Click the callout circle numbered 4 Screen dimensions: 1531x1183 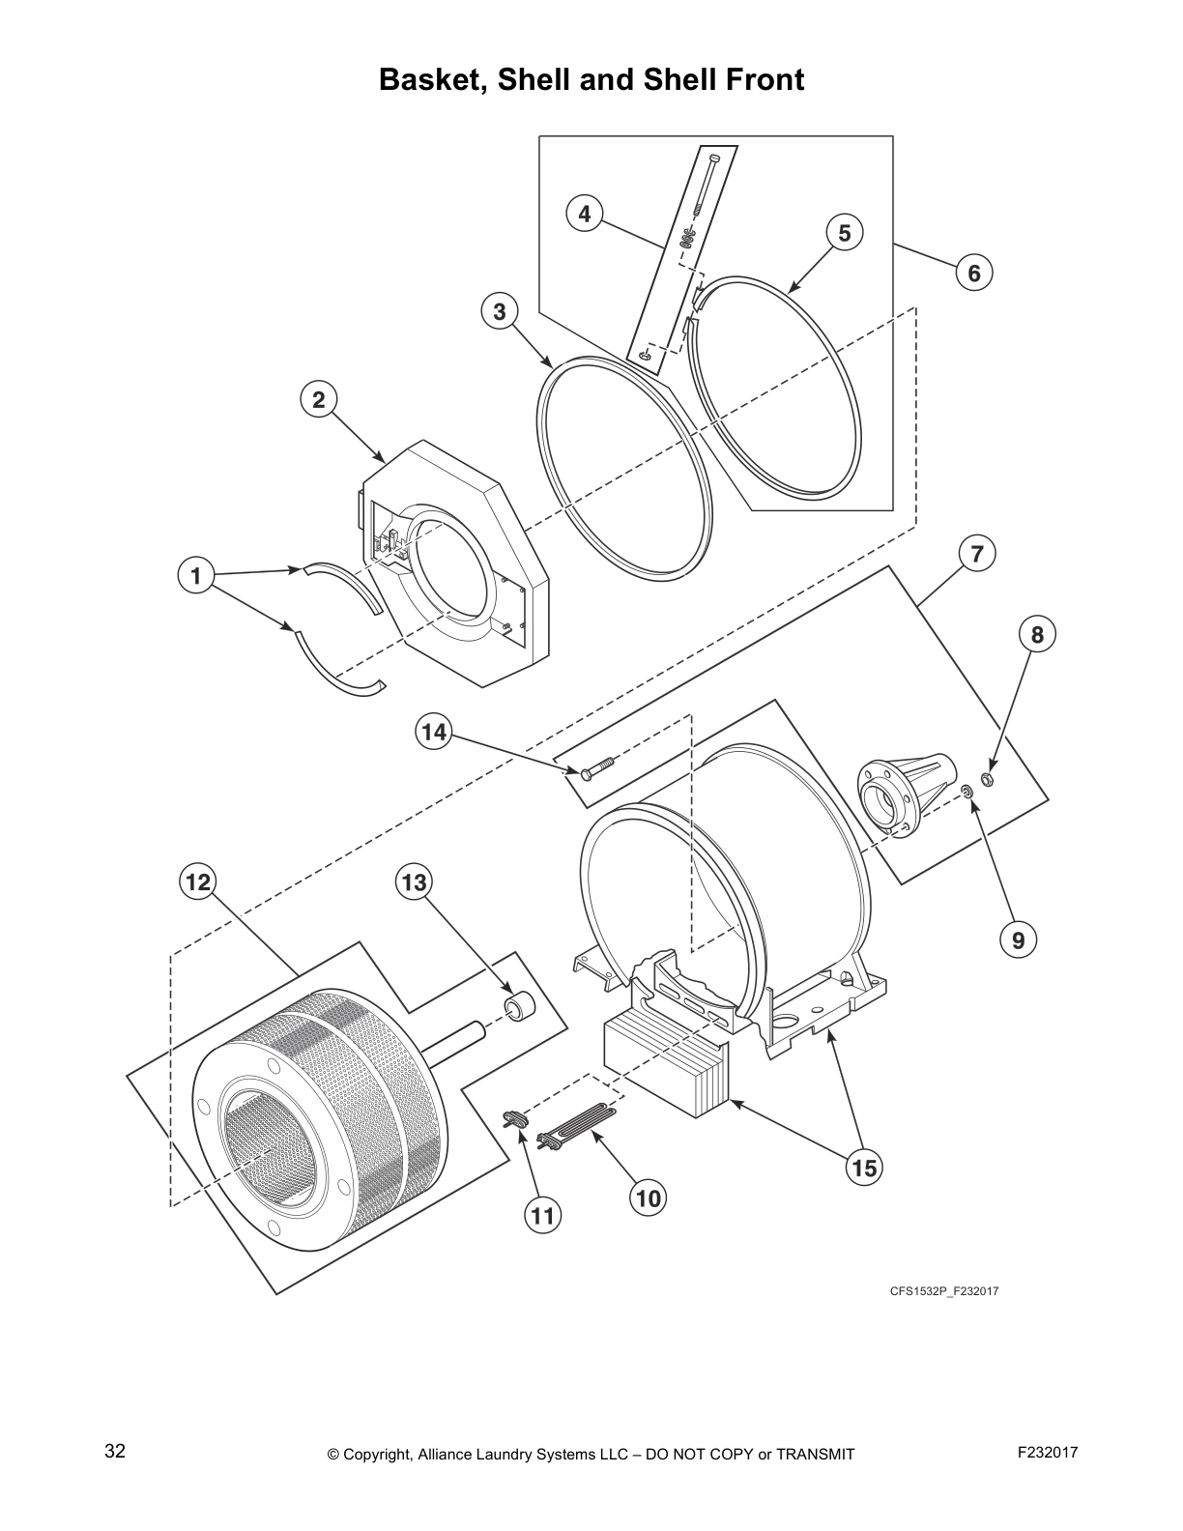pos(584,213)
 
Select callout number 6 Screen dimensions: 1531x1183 pos(973,274)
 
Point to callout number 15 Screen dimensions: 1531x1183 pos(863,1168)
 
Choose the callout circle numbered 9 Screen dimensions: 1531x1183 pos(1018,939)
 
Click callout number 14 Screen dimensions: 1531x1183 pos(434,732)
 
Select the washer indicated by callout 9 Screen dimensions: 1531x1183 pos(966,793)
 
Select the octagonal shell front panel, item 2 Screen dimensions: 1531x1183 pos(454,570)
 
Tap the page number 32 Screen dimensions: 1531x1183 pos(114,1451)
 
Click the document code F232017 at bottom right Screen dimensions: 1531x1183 pos(1048,1452)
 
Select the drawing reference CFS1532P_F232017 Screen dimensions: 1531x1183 pos(943,1290)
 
